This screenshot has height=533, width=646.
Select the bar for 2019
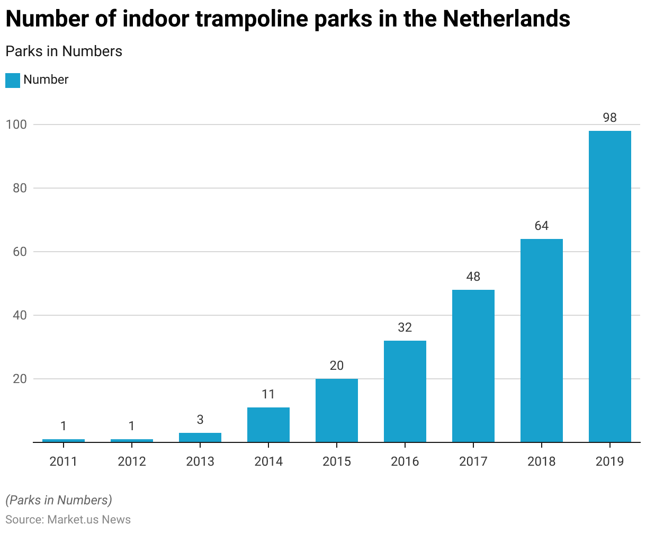point(609,286)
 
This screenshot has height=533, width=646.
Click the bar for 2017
point(473,366)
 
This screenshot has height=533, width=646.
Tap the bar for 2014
point(268,424)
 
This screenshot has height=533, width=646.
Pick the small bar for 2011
point(63,440)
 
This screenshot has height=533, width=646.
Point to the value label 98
point(609,118)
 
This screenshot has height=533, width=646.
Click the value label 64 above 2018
point(541,226)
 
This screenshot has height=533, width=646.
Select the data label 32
point(405,327)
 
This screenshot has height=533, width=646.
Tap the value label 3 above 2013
point(200,420)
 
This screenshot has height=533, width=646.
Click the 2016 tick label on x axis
point(405,461)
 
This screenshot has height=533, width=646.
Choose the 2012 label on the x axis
point(131,461)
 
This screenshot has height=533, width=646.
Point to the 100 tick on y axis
point(15,125)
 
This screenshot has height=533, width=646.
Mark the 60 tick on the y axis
point(19,252)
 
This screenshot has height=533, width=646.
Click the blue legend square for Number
point(13,80)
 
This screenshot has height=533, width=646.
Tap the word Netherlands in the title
point(506,19)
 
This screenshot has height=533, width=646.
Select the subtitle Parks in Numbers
point(64,51)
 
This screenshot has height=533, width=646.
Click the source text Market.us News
point(89,519)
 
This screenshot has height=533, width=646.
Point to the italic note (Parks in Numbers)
point(58,500)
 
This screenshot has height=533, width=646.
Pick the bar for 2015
point(336,410)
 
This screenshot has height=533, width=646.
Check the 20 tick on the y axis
point(19,379)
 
